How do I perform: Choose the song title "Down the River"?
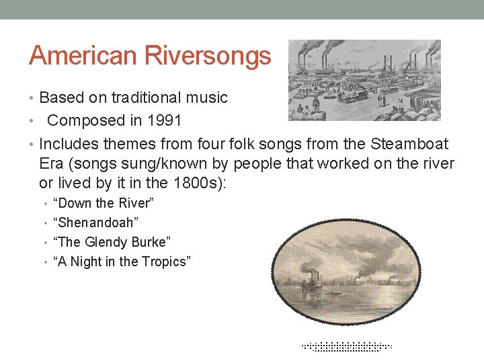[104, 203]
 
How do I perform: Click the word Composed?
[81, 121]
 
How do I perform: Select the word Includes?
[68, 145]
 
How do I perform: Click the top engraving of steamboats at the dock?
[364, 80]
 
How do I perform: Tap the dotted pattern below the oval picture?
[347, 348]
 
